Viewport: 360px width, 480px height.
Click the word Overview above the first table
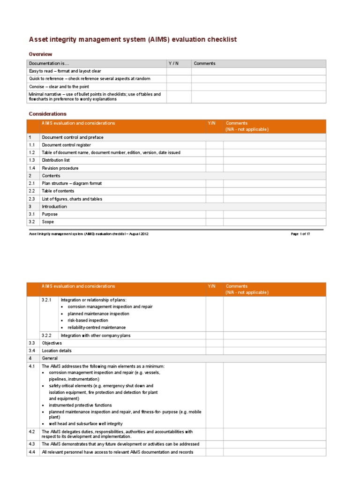click(x=40, y=54)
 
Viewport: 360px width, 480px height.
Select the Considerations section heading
click(x=47, y=114)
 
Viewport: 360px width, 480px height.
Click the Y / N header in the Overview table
click(x=173, y=63)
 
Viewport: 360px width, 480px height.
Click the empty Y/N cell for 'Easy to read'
click(x=179, y=71)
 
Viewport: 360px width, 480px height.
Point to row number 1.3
click(x=32, y=160)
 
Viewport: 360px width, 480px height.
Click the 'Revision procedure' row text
click(x=60, y=168)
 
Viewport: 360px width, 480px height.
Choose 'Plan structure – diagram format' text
click(x=71, y=183)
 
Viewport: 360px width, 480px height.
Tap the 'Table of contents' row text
click(x=58, y=191)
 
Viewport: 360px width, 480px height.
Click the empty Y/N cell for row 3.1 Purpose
click(x=214, y=214)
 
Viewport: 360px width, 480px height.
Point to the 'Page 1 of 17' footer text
click(x=300, y=234)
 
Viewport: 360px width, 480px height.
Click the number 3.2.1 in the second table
click(x=46, y=300)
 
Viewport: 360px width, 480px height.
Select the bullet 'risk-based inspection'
click(x=88, y=321)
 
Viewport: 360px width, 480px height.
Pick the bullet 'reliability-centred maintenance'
click(x=97, y=327)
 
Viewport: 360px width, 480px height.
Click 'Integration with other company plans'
click(x=96, y=336)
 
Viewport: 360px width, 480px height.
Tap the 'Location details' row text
click(x=57, y=351)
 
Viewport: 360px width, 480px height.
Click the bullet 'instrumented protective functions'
click(x=80, y=405)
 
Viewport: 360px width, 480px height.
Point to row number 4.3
click(x=32, y=444)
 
